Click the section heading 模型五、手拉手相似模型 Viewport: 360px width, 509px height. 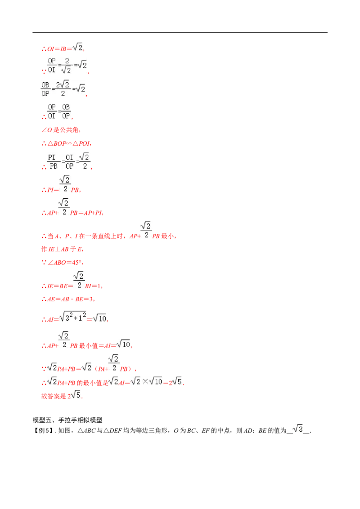[x=67, y=420]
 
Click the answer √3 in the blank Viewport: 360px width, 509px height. [x=297, y=429]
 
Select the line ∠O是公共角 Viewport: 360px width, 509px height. [x=61, y=130]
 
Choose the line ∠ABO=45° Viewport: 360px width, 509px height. [x=62, y=263]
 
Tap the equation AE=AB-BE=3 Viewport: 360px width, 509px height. [x=68, y=299]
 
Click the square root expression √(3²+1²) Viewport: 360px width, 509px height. [x=73, y=317]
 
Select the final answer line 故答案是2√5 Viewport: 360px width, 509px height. [x=62, y=395]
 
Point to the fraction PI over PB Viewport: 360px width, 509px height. [x=53, y=162]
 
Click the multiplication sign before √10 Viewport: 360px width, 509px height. [x=145, y=382]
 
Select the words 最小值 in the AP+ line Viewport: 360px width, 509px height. [x=88, y=346]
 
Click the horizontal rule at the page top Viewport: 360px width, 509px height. [x=180, y=33]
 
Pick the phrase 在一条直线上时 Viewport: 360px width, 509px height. [x=101, y=237]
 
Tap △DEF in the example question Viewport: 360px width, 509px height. [x=112, y=431]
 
